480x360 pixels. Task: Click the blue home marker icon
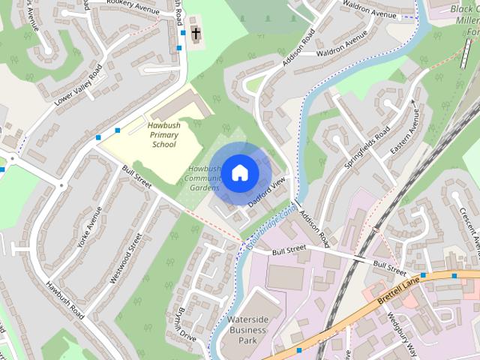[238, 172]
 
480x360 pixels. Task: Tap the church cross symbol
[196, 34]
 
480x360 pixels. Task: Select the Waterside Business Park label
[247, 330]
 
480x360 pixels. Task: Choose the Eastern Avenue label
[406, 133]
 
